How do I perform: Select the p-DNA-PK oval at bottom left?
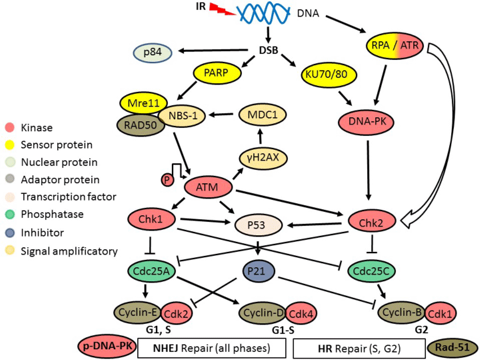(x=107, y=347)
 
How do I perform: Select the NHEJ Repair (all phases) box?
(x=211, y=347)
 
